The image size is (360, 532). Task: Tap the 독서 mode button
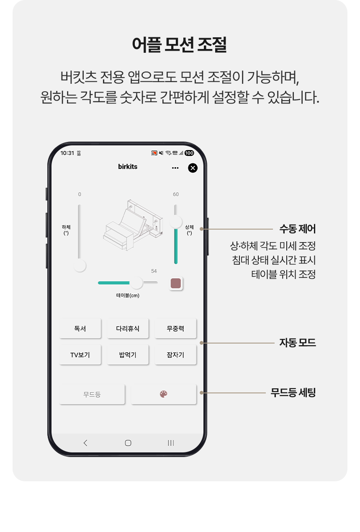(80, 328)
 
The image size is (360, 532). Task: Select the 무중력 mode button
(175, 328)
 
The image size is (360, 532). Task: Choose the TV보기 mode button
(80, 354)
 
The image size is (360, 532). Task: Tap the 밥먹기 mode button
(128, 354)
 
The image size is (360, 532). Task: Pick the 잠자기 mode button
(175, 354)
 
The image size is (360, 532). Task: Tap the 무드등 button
(92, 394)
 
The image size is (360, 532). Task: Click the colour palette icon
(164, 394)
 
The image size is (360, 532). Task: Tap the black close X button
(193, 168)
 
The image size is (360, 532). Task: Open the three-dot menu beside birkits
(175, 168)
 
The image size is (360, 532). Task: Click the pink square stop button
(176, 283)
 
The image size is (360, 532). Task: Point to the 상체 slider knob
(176, 222)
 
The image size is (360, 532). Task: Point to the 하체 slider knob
(80, 266)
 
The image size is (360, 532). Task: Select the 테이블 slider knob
(136, 283)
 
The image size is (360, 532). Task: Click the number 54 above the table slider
(154, 271)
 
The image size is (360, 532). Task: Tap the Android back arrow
(85, 443)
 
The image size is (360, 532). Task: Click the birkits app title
(128, 166)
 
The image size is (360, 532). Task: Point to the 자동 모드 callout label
(297, 343)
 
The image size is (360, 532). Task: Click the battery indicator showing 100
(189, 153)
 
